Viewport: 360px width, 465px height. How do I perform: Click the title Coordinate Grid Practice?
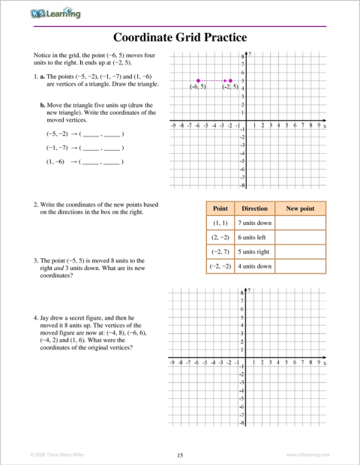180,37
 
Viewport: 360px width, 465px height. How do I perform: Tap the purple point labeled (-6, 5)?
198,79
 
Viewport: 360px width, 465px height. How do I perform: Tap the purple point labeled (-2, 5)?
229,79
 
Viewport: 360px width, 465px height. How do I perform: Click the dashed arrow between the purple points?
214,79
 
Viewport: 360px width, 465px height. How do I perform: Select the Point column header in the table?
220,208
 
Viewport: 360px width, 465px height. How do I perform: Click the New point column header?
301,208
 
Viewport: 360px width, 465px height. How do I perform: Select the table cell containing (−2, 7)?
220,251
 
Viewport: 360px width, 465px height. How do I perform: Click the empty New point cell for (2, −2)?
301,237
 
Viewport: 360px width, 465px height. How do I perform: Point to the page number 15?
180,455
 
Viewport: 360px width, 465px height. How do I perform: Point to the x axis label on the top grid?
325,127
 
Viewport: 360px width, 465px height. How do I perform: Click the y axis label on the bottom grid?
248,289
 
